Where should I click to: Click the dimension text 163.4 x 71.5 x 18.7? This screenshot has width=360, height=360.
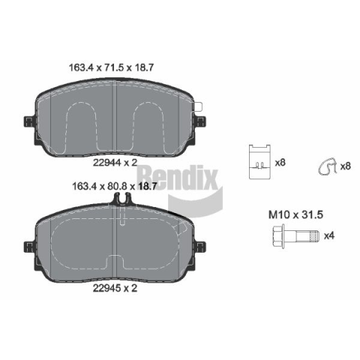coord(111,67)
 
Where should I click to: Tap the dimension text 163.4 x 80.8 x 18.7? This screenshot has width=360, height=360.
coord(115,186)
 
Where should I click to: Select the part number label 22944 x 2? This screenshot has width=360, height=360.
coord(115,163)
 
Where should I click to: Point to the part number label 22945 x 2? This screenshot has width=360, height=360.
coord(115,288)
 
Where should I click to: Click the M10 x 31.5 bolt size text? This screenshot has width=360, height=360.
coord(295,214)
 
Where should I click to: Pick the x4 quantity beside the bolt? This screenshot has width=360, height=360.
coord(329,235)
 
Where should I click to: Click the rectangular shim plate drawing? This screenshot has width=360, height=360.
coord(259,161)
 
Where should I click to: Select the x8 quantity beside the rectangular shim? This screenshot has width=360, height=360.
coord(280,163)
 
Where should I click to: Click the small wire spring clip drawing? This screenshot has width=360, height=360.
coord(327,166)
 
